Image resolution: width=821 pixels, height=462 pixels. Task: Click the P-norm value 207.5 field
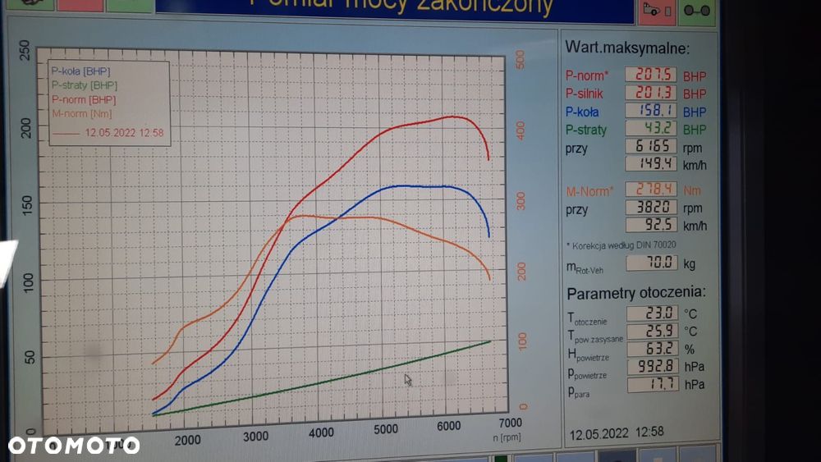[651, 74]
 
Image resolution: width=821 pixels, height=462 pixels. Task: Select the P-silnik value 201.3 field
[651, 92]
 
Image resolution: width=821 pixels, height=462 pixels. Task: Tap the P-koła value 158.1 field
[651, 110]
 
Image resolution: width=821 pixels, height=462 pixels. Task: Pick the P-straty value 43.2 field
[651, 128]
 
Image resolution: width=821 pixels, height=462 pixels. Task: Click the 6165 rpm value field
[651, 146]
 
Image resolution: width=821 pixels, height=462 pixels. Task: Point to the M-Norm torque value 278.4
[651, 190]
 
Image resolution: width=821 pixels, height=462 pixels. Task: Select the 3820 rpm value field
[651, 208]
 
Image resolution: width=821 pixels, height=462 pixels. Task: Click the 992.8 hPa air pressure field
[653, 366]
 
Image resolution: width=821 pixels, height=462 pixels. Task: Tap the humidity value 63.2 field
[653, 348]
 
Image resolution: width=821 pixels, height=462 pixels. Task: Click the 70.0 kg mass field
[653, 263]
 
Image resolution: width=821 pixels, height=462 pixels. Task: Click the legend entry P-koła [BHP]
[80, 71]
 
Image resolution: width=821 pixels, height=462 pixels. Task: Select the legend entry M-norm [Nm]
[81, 114]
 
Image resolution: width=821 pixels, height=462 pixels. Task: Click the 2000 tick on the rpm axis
[187, 440]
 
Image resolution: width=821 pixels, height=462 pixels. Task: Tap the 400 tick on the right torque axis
[520, 129]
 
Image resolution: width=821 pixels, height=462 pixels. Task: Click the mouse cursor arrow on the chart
[408, 379]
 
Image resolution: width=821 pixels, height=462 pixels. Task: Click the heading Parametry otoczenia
[636, 293]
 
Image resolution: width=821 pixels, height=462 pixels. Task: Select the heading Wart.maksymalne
[628, 48]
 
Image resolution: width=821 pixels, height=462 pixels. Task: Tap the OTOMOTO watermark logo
[74, 446]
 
